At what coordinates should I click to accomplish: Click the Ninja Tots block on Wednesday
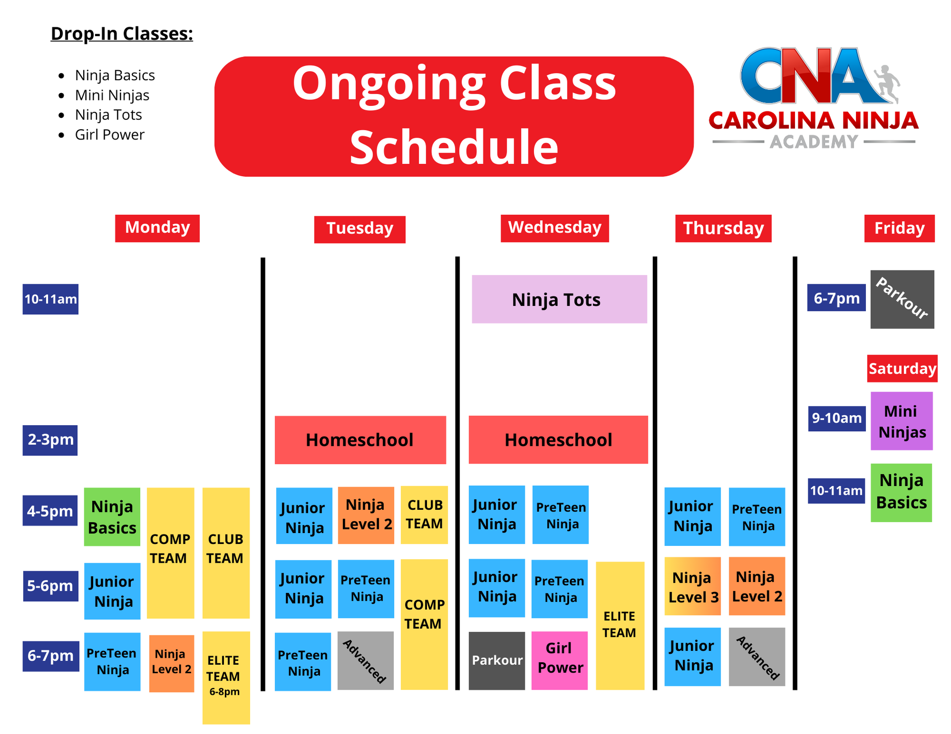559,299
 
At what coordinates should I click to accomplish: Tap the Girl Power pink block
560,660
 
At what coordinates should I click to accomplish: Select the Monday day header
157,228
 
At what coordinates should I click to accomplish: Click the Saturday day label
902,369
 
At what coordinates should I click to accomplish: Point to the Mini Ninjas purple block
901,421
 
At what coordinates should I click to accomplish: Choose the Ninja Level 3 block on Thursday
692,587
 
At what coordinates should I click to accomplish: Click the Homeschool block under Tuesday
360,440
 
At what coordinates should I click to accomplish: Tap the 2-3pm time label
50,440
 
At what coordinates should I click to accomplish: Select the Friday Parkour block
902,299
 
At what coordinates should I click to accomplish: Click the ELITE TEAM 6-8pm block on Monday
226,677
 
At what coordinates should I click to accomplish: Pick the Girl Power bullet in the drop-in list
109,135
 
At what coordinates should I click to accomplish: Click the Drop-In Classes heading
122,34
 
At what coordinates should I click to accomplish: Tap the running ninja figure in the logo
887,83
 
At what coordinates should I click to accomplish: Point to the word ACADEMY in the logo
813,142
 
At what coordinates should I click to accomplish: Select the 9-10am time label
837,419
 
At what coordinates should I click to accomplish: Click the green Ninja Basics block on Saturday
901,492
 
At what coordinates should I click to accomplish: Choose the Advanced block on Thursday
757,657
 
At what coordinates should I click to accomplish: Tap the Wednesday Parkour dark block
497,660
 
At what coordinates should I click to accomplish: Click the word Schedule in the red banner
454,147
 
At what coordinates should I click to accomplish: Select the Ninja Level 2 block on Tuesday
366,515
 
